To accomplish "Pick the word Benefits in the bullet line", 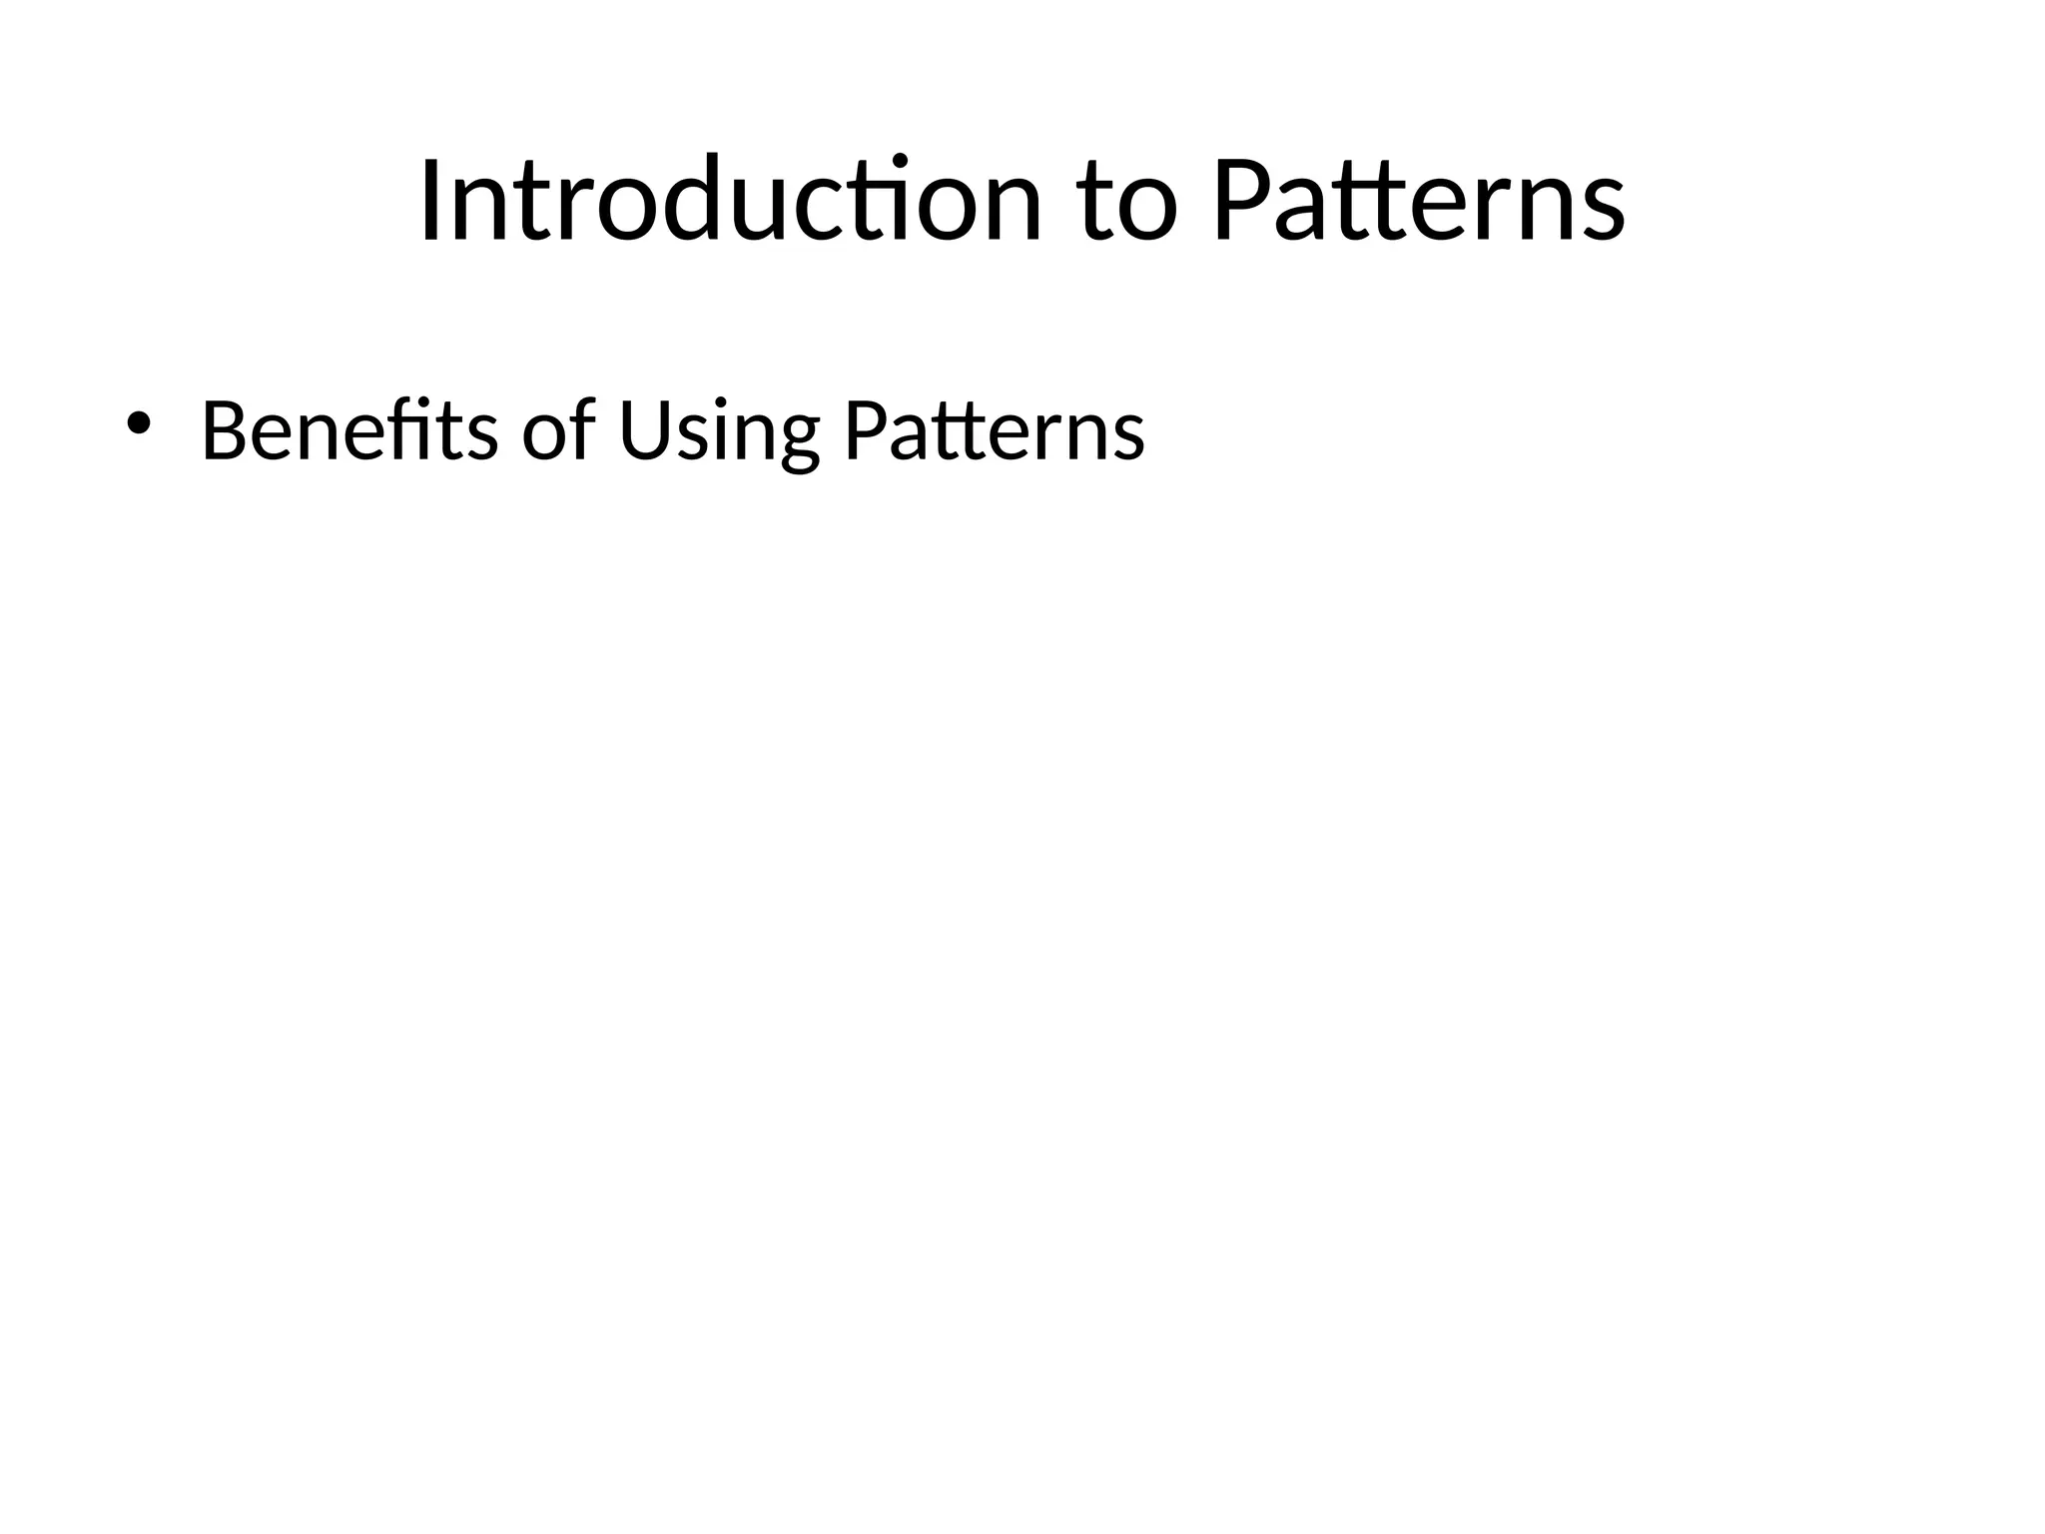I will pyautogui.click(x=349, y=431).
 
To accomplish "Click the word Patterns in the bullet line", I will pyautogui.click(x=994, y=431).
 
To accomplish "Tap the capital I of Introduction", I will pyautogui.click(x=430, y=200).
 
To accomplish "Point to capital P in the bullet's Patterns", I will pyautogui.click(x=866, y=431).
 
